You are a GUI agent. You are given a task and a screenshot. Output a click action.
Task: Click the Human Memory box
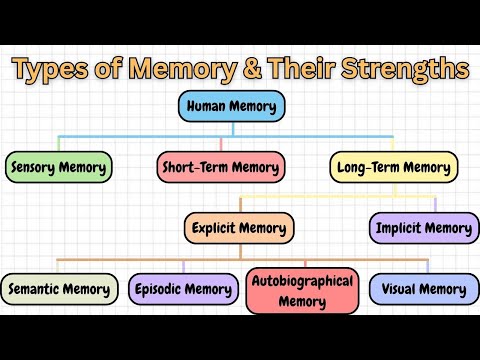click(235, 107)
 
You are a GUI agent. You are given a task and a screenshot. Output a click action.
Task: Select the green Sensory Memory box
click(58, 166)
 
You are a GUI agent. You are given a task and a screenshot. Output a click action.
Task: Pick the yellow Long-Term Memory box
click(393, 166)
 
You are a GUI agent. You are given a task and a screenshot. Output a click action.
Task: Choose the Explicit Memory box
click(238, 228)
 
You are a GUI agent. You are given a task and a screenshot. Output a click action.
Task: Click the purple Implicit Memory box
click(421, 228)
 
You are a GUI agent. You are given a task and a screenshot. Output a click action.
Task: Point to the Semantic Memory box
click(59, 290)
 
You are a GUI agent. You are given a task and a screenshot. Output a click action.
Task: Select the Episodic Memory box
click(184, 290)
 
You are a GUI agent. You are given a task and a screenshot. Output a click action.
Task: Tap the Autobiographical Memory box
click(302, 290)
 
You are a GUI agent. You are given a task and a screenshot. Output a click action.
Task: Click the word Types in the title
click(53, 70)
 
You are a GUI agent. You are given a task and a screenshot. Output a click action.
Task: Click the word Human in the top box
click(208, 107)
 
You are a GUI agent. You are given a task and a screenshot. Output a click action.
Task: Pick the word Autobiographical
click(302, 281)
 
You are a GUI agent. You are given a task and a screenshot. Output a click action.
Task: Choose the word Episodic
click(161, 290)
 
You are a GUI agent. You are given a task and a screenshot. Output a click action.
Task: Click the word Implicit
click(398, 228)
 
